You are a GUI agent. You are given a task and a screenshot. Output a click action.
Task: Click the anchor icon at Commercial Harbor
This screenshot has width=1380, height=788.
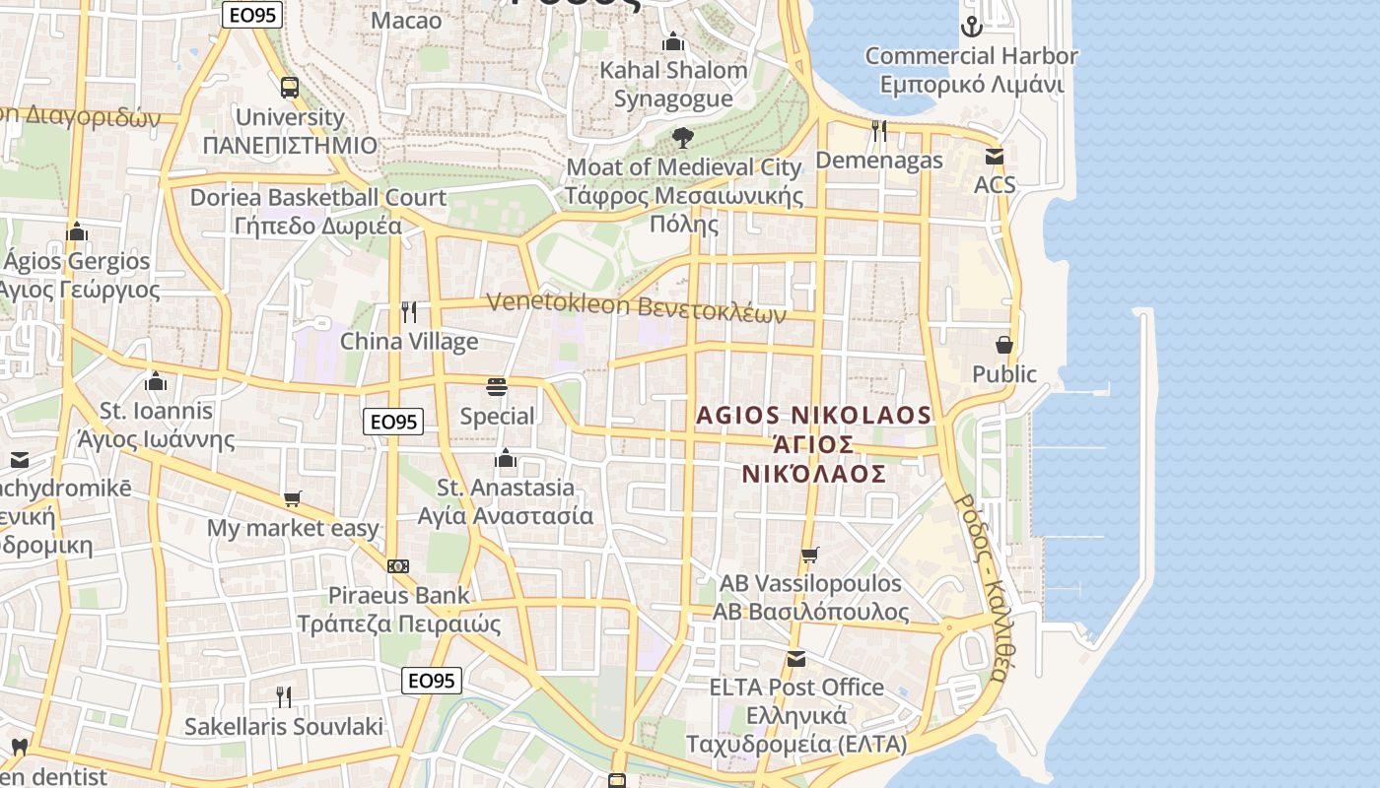point(972,27)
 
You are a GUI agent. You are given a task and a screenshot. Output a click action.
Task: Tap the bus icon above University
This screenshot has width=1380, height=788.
point(289,88)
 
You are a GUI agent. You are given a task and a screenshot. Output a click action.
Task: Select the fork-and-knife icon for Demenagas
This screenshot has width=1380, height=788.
point(879,131)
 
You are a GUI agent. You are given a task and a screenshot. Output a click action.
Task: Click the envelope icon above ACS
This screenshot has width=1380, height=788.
point(995,157)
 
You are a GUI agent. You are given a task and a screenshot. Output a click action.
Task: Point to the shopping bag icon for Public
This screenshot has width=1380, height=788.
point(1003,345)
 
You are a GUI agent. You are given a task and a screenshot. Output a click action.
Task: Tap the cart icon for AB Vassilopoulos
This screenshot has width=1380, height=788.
point(809,555)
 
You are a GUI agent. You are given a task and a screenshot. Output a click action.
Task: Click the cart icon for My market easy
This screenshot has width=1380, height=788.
point(292,499)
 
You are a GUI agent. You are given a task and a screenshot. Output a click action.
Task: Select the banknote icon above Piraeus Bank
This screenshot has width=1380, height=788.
point(398,566)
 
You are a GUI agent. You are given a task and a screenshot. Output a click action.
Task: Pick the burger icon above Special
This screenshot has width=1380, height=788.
point(497,387)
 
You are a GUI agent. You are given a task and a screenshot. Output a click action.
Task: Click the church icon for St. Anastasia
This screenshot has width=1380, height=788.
point(506,458)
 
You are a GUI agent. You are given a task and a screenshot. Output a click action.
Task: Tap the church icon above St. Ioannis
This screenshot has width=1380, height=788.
point(156,381)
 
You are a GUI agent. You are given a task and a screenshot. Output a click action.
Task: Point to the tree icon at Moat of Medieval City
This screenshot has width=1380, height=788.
point(682,138)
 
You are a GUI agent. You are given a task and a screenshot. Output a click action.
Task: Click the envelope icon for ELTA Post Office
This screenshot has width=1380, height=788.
point(795,658)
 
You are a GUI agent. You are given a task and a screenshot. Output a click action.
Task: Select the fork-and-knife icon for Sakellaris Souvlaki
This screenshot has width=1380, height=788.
point(284,697)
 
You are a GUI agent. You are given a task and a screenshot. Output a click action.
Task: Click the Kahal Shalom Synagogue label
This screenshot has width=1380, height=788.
point(673,84)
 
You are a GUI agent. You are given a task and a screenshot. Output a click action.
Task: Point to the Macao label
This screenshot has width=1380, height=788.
point(406,20)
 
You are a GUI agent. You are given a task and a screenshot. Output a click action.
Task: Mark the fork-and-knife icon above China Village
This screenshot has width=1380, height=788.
point(409,312)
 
